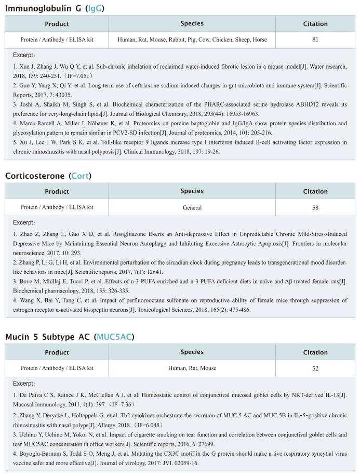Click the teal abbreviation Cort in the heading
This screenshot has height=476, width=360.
[x=80, y=176]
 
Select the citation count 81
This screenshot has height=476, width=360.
[x=315, y=39]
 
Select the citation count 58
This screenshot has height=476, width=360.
[x=315, y=207]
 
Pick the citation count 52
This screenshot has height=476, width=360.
[x=315, y=368]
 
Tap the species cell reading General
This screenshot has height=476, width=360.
[x=192, y=207]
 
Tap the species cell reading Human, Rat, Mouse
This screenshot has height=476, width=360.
[x=192, y=368]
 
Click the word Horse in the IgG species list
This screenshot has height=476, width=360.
[x=259, y=39]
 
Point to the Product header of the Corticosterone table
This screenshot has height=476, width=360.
[x=57, y=191]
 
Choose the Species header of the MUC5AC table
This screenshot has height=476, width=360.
[x=192, y=352]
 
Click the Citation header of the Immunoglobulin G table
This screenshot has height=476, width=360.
[x=315, y=23]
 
